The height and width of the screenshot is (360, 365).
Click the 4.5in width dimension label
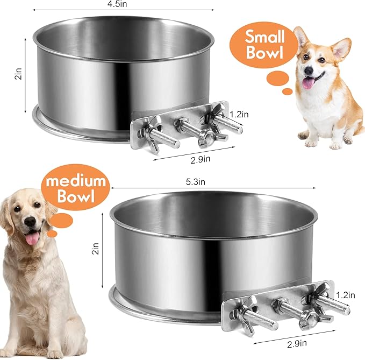(x=117, y=4)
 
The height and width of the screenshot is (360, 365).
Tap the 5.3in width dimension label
(x=196, y=182)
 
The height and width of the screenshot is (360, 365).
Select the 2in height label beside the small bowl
(x=18, y=74)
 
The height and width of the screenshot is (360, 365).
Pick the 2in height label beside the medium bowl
(x=96, y=249)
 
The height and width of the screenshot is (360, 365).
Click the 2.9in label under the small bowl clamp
(x=201, y=159)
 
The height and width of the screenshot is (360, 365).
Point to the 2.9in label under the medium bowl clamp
(x=297, y=344)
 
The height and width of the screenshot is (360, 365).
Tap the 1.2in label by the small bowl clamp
(x=239, y=115)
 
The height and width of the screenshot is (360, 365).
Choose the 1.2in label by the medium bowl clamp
(x=346, y=295)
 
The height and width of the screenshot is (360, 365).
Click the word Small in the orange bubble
(x=264, y=37)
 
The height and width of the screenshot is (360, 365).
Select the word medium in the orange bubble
(x=76, y=181)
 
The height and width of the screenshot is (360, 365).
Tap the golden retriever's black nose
(x=30, y=221)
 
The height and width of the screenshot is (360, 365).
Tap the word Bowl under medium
(x=76, y=196)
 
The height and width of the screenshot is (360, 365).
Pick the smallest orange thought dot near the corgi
(x=287, y=91)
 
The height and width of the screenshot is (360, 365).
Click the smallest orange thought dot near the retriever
(x=52, y=234)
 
